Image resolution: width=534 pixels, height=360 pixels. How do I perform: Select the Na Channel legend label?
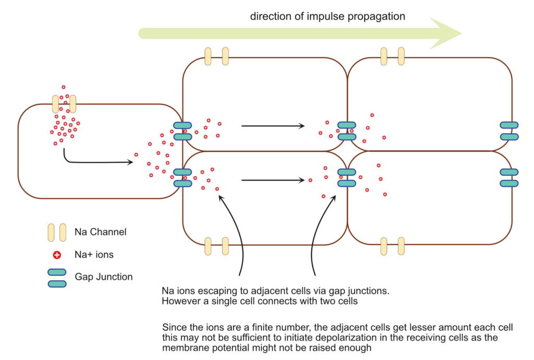[x=101, y=231]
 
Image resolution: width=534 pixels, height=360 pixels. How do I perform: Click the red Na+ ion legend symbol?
[x=57, y=255]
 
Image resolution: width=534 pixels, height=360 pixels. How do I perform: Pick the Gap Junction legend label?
[x=104, y=277]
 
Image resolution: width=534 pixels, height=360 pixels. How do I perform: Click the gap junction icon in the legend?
[x=57, y=278]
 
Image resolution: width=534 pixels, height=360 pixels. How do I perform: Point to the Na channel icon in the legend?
[x=57, y=232]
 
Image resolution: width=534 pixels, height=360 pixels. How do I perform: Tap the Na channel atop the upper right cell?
[x=392, y=56]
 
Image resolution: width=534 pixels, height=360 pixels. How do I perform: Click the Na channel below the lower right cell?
[x=392, y=246]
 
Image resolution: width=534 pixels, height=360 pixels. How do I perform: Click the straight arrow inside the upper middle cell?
[x=273, y=126]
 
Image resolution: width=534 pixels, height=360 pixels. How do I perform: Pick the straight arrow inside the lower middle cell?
[x=273, y=181]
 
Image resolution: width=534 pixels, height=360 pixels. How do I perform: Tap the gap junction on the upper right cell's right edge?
[x=509, y=131]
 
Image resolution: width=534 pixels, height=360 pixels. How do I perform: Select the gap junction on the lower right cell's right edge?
[x=509, y=177]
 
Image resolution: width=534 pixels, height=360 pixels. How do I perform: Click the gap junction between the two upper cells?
[x=347, y=131]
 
